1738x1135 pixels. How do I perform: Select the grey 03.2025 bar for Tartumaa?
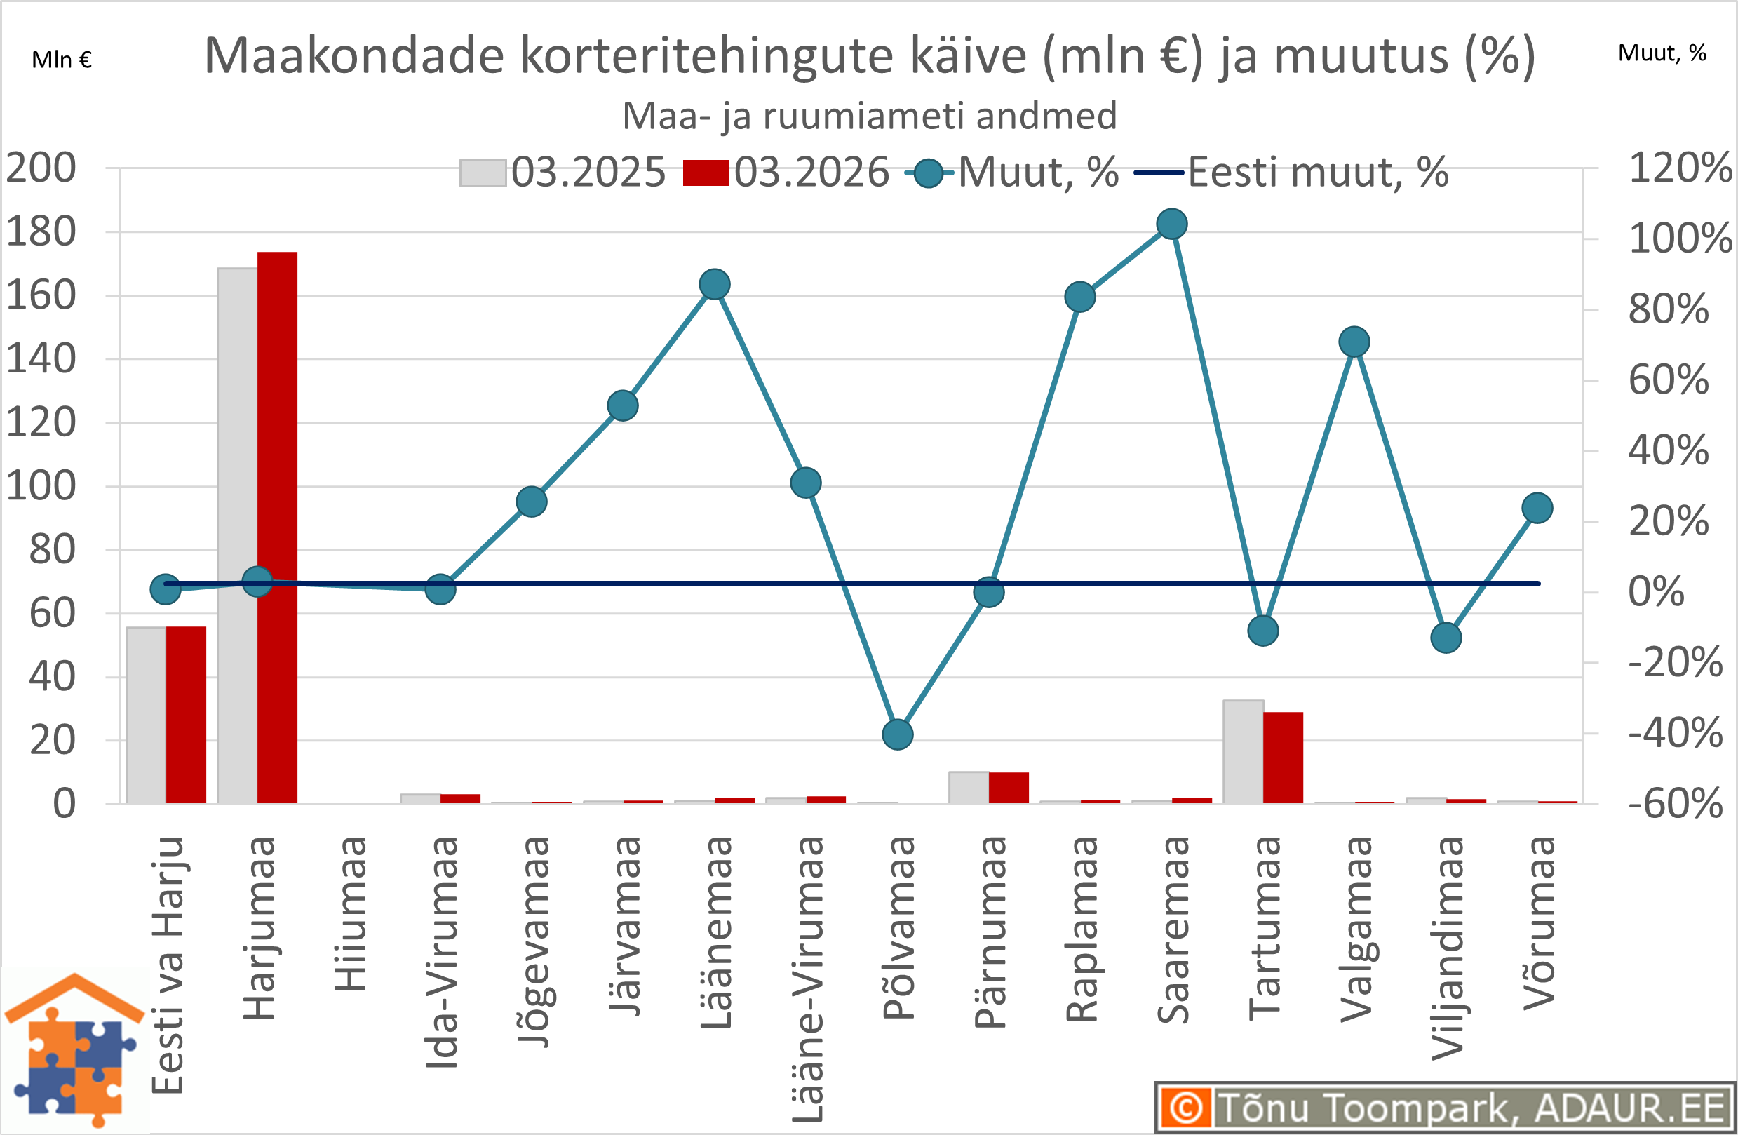1243,751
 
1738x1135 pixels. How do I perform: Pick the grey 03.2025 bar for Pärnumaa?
969,787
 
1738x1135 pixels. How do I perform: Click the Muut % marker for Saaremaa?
1172,224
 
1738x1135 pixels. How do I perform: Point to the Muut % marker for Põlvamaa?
898,734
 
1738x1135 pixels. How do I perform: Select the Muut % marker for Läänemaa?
715,284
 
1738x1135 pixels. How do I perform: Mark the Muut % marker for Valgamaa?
1354,342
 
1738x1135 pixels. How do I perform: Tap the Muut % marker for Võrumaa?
1537,509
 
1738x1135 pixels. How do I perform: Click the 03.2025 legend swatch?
483,173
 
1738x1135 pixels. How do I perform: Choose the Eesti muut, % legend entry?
1291,173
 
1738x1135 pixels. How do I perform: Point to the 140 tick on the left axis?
41,359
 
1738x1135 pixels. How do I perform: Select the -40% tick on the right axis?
1675,732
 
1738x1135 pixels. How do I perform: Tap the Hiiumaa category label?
351,914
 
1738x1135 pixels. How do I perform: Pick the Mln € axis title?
62,60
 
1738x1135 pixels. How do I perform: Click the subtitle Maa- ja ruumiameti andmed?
869,116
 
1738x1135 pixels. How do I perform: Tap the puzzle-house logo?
74,1050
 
